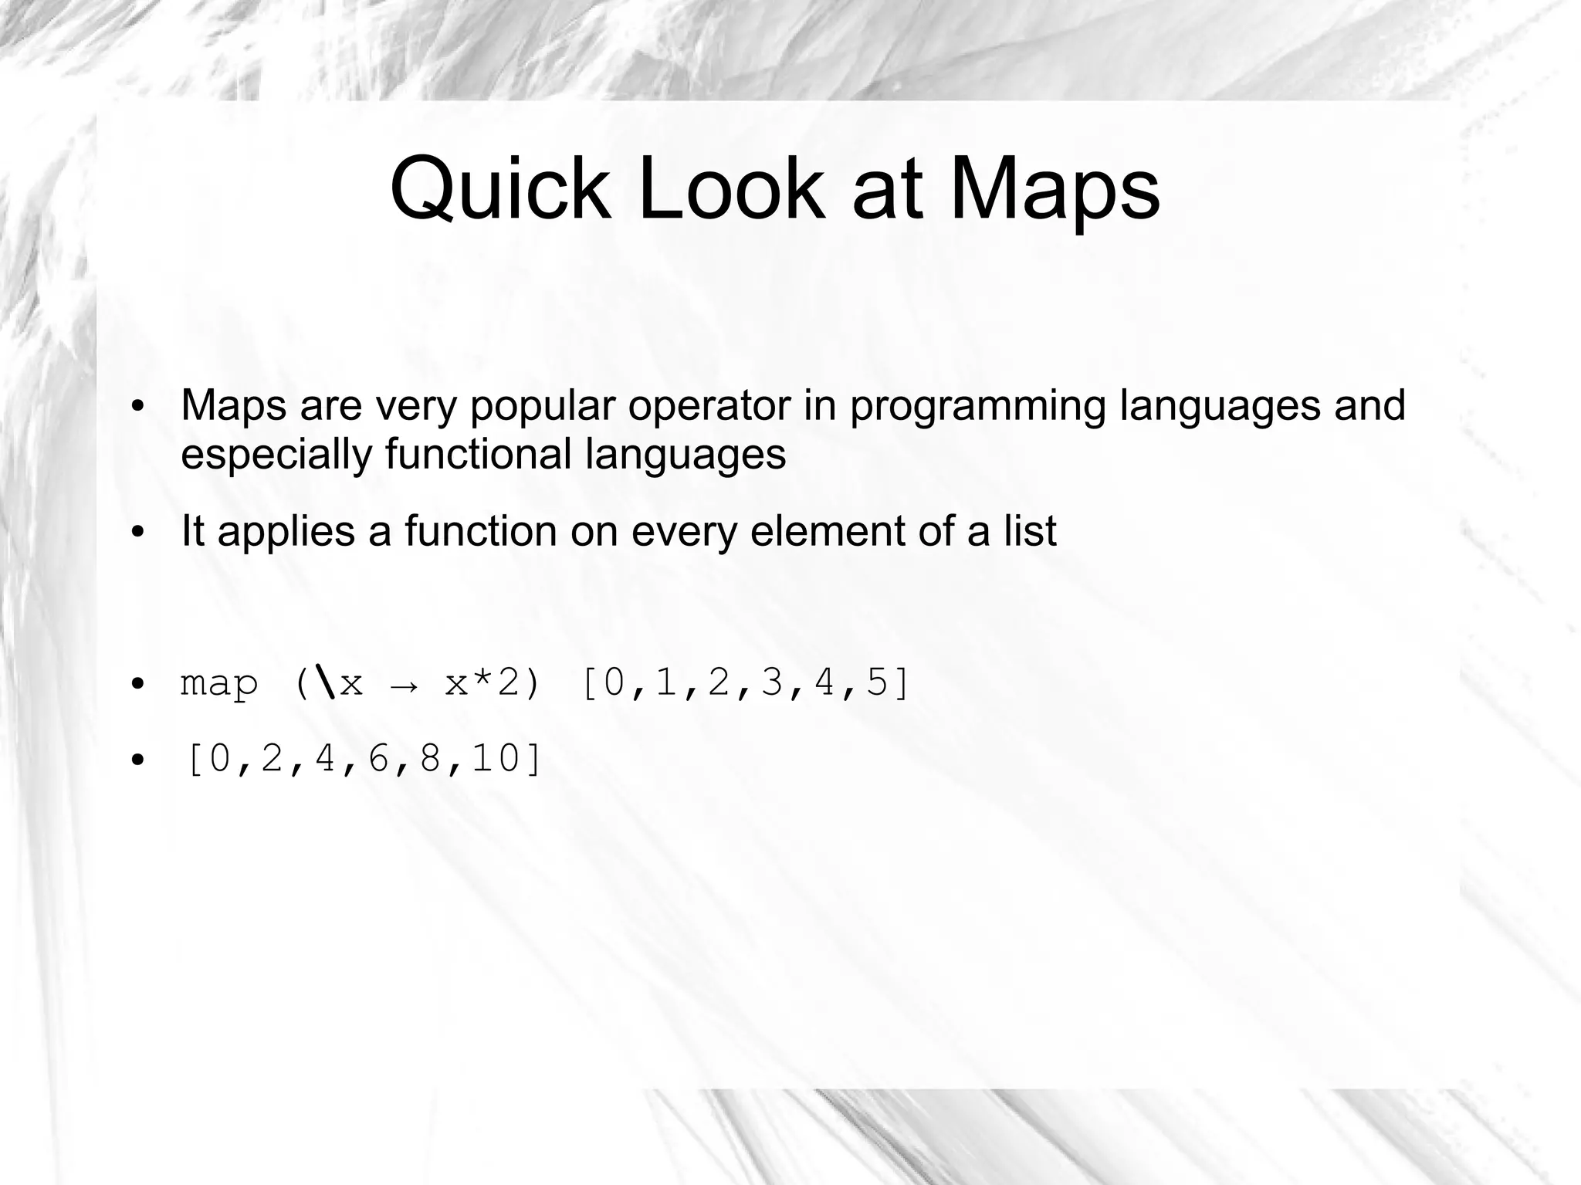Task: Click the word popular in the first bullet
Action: pos(542,406)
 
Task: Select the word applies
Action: pos(286,532)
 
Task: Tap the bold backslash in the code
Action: pos(327,683)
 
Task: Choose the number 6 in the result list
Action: pos(378,759)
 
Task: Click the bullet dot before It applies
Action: pos(137,533)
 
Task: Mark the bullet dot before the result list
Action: pos(137,760)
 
